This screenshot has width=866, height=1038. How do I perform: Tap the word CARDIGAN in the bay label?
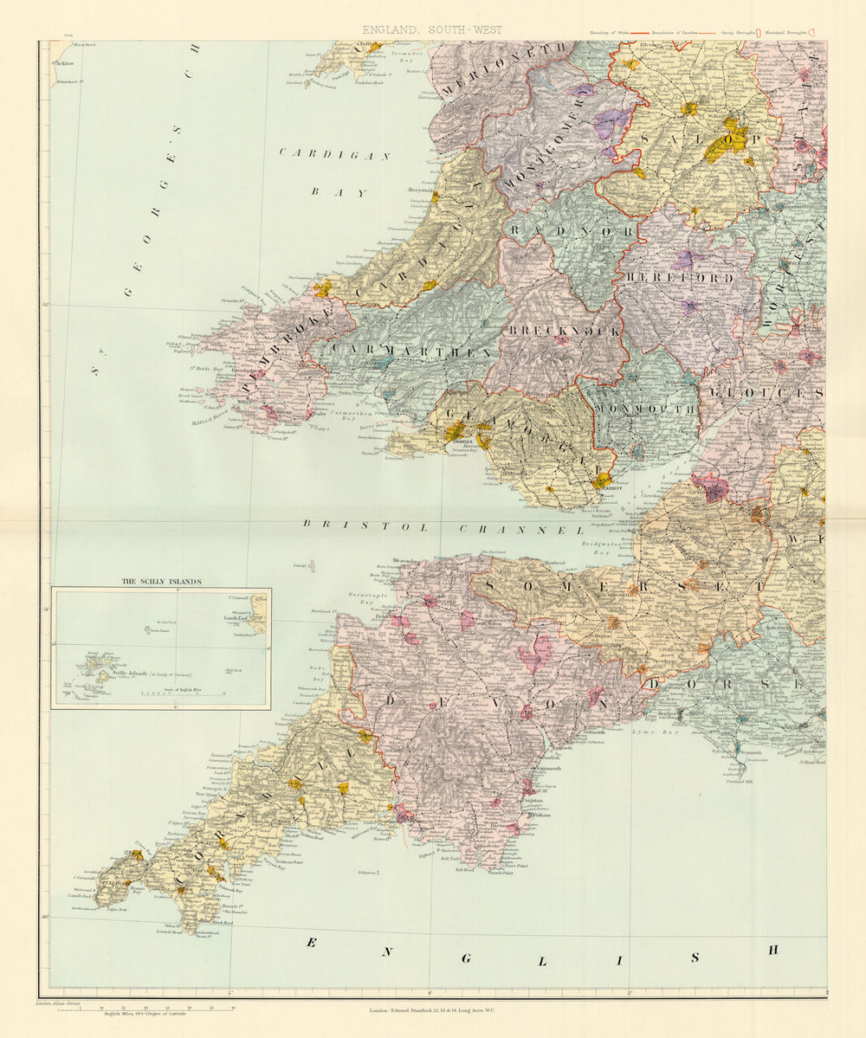[335, 154]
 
